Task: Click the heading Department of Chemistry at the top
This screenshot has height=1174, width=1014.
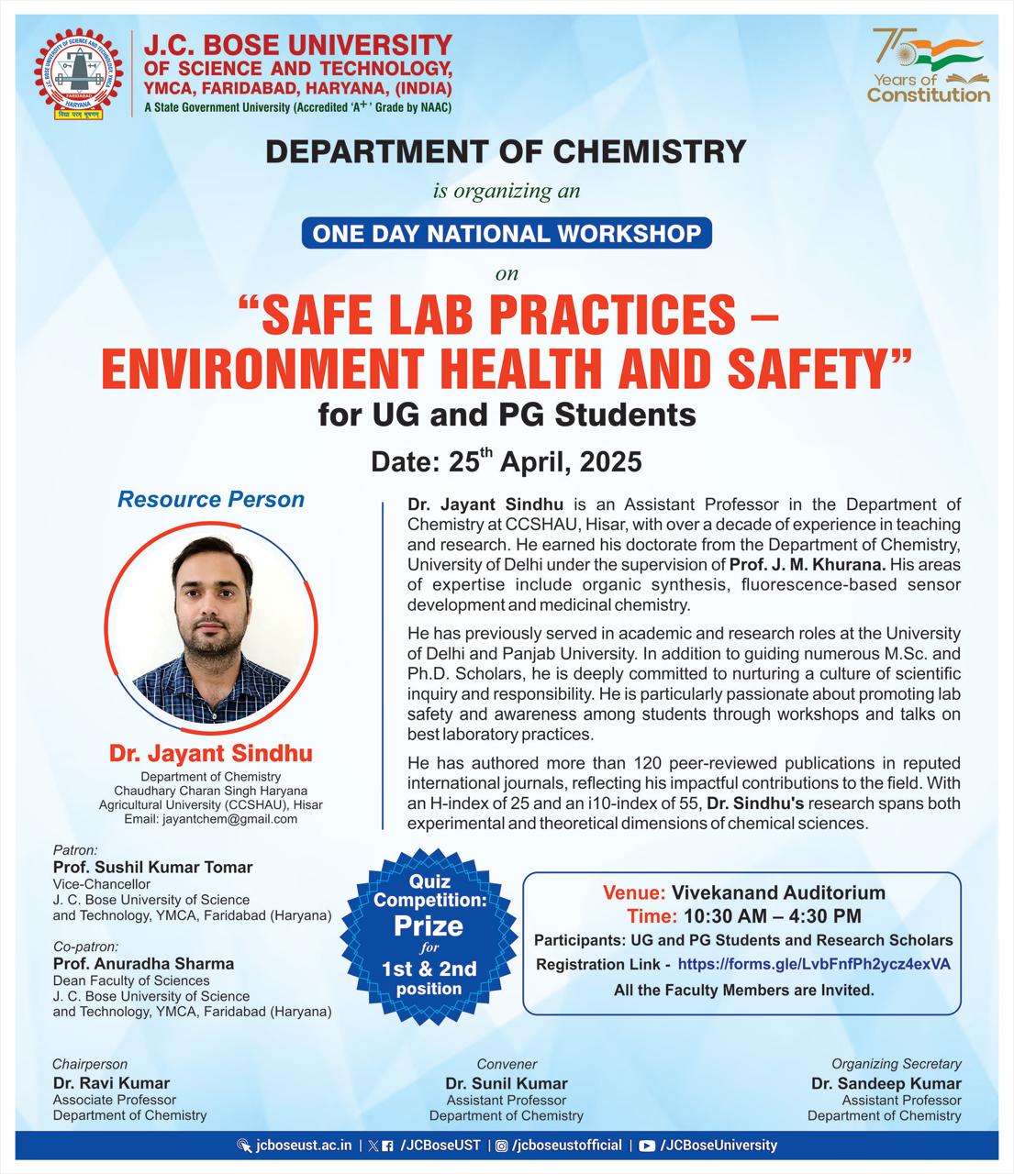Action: [506, 151]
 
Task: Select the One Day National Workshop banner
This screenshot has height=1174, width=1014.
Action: [507, 233]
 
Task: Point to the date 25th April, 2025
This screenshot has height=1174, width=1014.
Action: [506, 460]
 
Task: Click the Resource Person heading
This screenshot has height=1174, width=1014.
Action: [211, 500]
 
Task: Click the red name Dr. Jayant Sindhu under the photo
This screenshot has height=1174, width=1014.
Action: [211, 754]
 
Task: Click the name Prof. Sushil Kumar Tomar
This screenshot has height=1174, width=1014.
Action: [152, 867]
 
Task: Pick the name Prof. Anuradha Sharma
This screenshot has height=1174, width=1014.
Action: [143, 963]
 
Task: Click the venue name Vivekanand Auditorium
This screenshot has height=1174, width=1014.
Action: [778, 892]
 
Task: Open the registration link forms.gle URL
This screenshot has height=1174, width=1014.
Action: [814, 964]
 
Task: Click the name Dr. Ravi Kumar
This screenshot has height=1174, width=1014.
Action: [111, 1083]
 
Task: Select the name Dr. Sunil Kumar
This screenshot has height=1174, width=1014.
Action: [507, 1083]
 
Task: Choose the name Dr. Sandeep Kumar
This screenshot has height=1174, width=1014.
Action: [886, 1083]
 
